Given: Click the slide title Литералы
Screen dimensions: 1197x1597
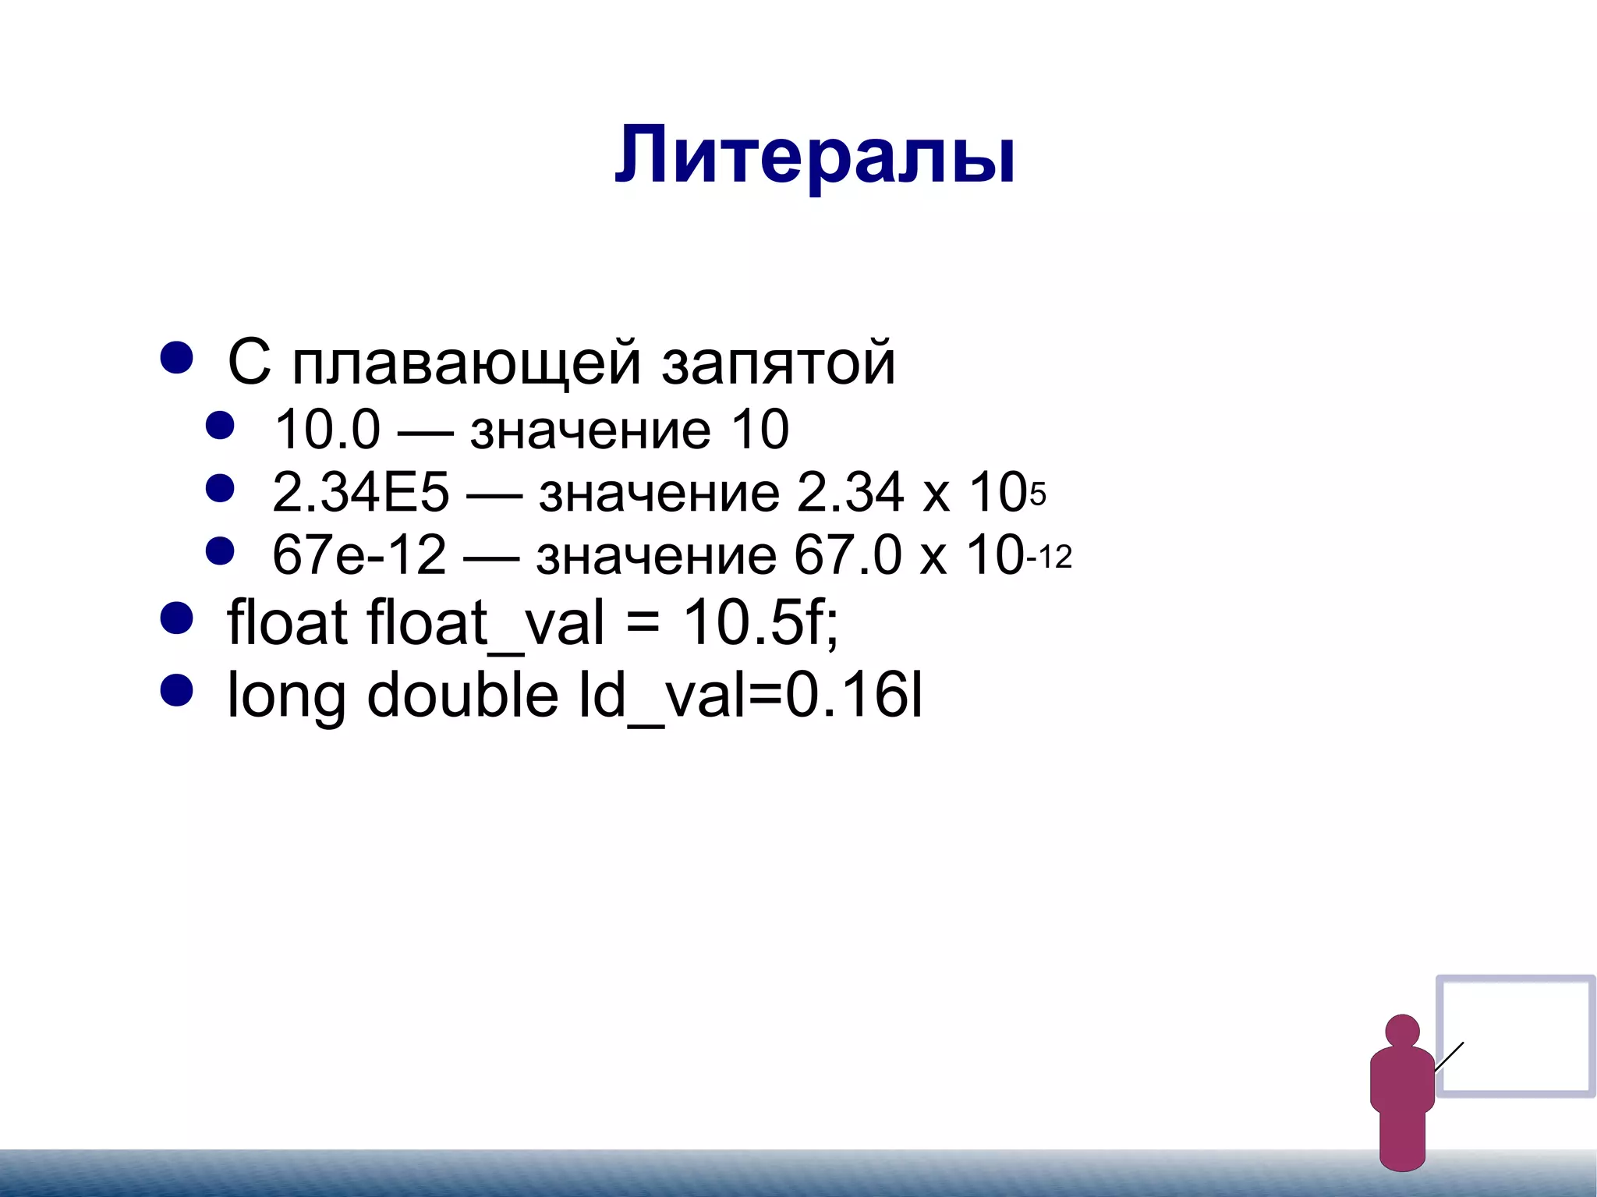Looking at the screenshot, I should tap(815, 156).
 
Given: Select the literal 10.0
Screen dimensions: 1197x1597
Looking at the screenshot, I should tap(327, 430).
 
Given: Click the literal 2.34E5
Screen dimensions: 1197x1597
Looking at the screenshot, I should tap(360, 493).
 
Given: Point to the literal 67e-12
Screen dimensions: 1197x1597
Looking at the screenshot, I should tap(359, 555).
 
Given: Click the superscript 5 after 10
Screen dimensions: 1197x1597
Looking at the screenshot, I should tap(1038, 494).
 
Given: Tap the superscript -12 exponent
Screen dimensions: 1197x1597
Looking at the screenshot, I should tap(1050, 558).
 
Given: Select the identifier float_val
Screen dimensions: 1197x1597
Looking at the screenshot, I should tap(485, 624).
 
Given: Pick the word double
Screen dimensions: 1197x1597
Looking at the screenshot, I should tap(462, 695).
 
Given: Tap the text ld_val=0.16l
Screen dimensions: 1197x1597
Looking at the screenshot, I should tap(749, 695).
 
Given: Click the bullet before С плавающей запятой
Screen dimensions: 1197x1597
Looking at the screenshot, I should tap(176, 358).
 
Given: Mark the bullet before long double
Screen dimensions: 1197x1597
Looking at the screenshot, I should tap(176, 690).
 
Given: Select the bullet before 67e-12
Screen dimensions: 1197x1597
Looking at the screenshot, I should tap(220, 551).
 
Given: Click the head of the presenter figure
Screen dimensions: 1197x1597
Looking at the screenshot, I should tap(1402, 1031).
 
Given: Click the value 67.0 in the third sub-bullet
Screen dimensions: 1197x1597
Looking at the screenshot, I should tap(848, 555).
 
